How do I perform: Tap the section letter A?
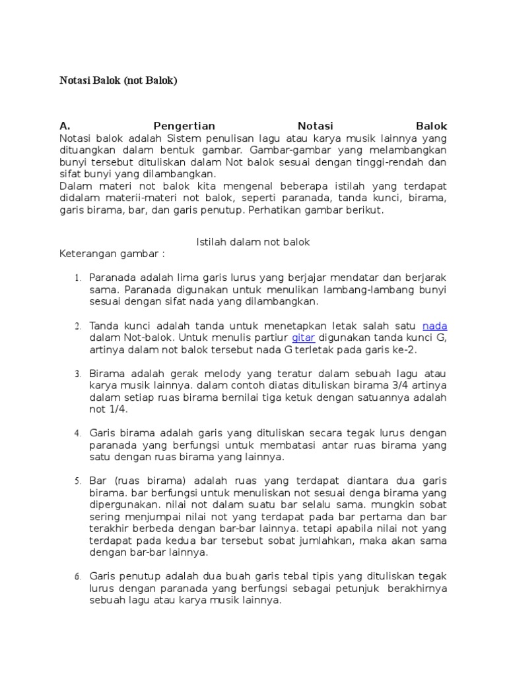(65, 126)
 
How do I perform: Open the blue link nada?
(434, 326)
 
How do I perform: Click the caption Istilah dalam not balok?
(253, 242)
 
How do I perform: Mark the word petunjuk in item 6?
(360, 589)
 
